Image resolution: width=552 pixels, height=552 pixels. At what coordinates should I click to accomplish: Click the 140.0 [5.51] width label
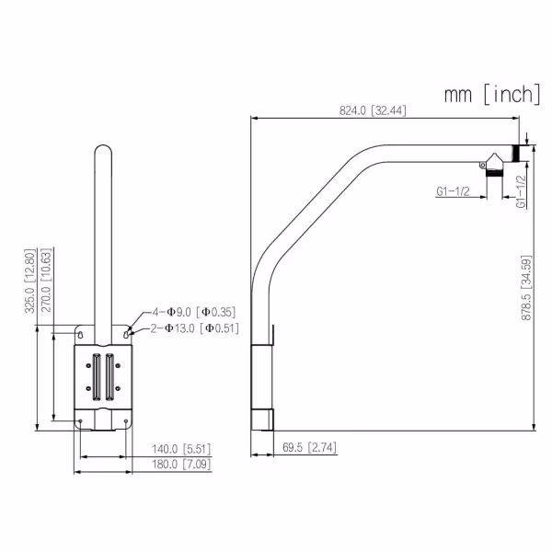181,449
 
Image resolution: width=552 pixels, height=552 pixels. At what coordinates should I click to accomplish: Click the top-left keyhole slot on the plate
81,330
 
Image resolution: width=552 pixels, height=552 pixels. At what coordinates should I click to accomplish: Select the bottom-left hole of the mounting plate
81,422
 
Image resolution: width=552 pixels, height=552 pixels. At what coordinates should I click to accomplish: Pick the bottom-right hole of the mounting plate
127,422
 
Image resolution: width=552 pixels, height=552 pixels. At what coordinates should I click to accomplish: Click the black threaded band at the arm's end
518,153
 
